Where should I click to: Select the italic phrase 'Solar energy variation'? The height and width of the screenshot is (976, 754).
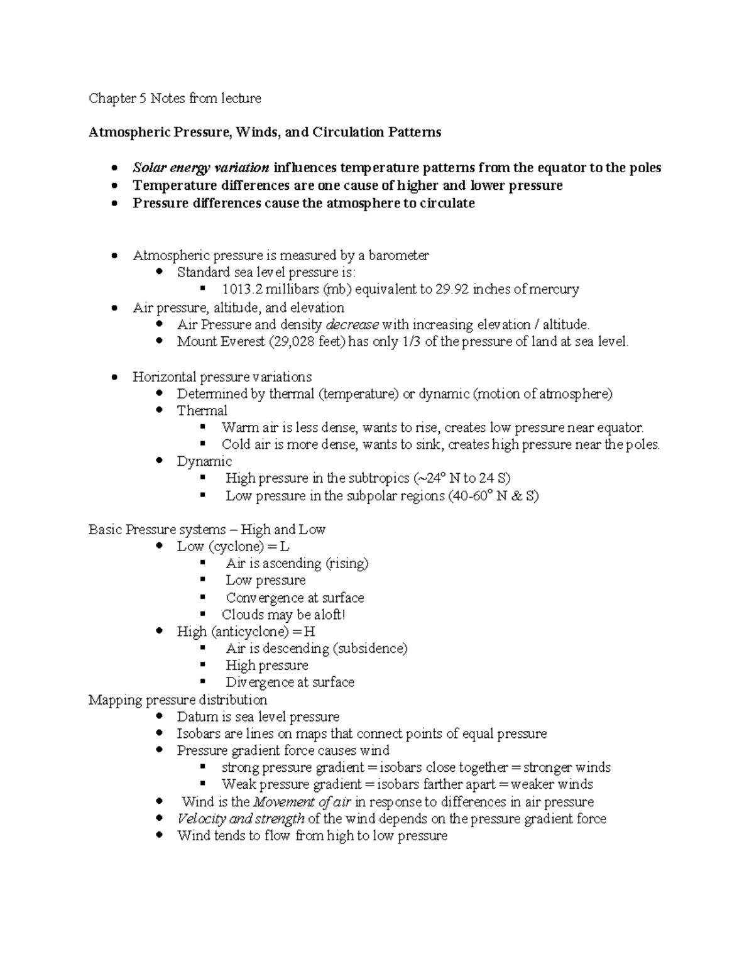tap(201, 168)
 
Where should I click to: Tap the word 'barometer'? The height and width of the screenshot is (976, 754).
tap(398, 255)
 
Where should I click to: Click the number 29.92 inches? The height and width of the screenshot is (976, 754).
tap(452, 290)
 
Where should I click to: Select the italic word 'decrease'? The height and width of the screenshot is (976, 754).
tap(352, 325)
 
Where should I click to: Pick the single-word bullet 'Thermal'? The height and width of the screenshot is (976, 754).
tap(202, 411)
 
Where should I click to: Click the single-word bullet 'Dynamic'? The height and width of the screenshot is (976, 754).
tap(204, 462)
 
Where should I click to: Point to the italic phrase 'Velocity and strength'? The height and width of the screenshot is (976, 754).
tap(241, 819)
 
